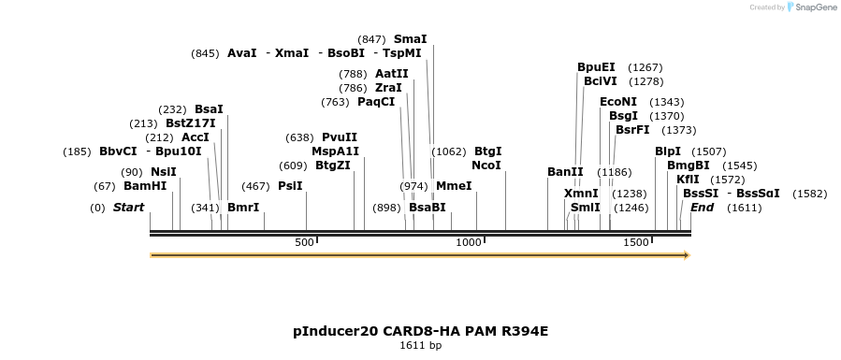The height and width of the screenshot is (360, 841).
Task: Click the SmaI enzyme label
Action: (410, 39)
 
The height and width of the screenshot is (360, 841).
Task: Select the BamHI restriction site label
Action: (144, 186)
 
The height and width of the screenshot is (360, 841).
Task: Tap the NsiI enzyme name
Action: (163, 172)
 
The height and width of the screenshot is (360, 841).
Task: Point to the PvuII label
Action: (340, 137)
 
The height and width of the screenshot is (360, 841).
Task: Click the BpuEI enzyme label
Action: (596, 67)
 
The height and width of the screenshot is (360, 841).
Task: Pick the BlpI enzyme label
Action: (667, 151)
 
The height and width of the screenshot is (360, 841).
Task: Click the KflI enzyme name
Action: (688, 180)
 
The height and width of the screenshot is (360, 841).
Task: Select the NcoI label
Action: (486, 166)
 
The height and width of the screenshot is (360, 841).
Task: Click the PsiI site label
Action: (290, 186)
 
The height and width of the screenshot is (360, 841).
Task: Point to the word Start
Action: (128, 208)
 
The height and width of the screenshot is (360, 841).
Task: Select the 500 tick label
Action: (304, 242)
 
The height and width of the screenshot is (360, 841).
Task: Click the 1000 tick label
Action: (468, 242)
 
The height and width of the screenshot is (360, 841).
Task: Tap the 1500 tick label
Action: (635, 242)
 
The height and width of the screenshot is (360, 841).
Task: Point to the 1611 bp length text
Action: (420, 346)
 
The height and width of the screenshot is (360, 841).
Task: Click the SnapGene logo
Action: (811, 7)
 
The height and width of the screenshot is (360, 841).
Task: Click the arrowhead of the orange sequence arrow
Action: (687, 255)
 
